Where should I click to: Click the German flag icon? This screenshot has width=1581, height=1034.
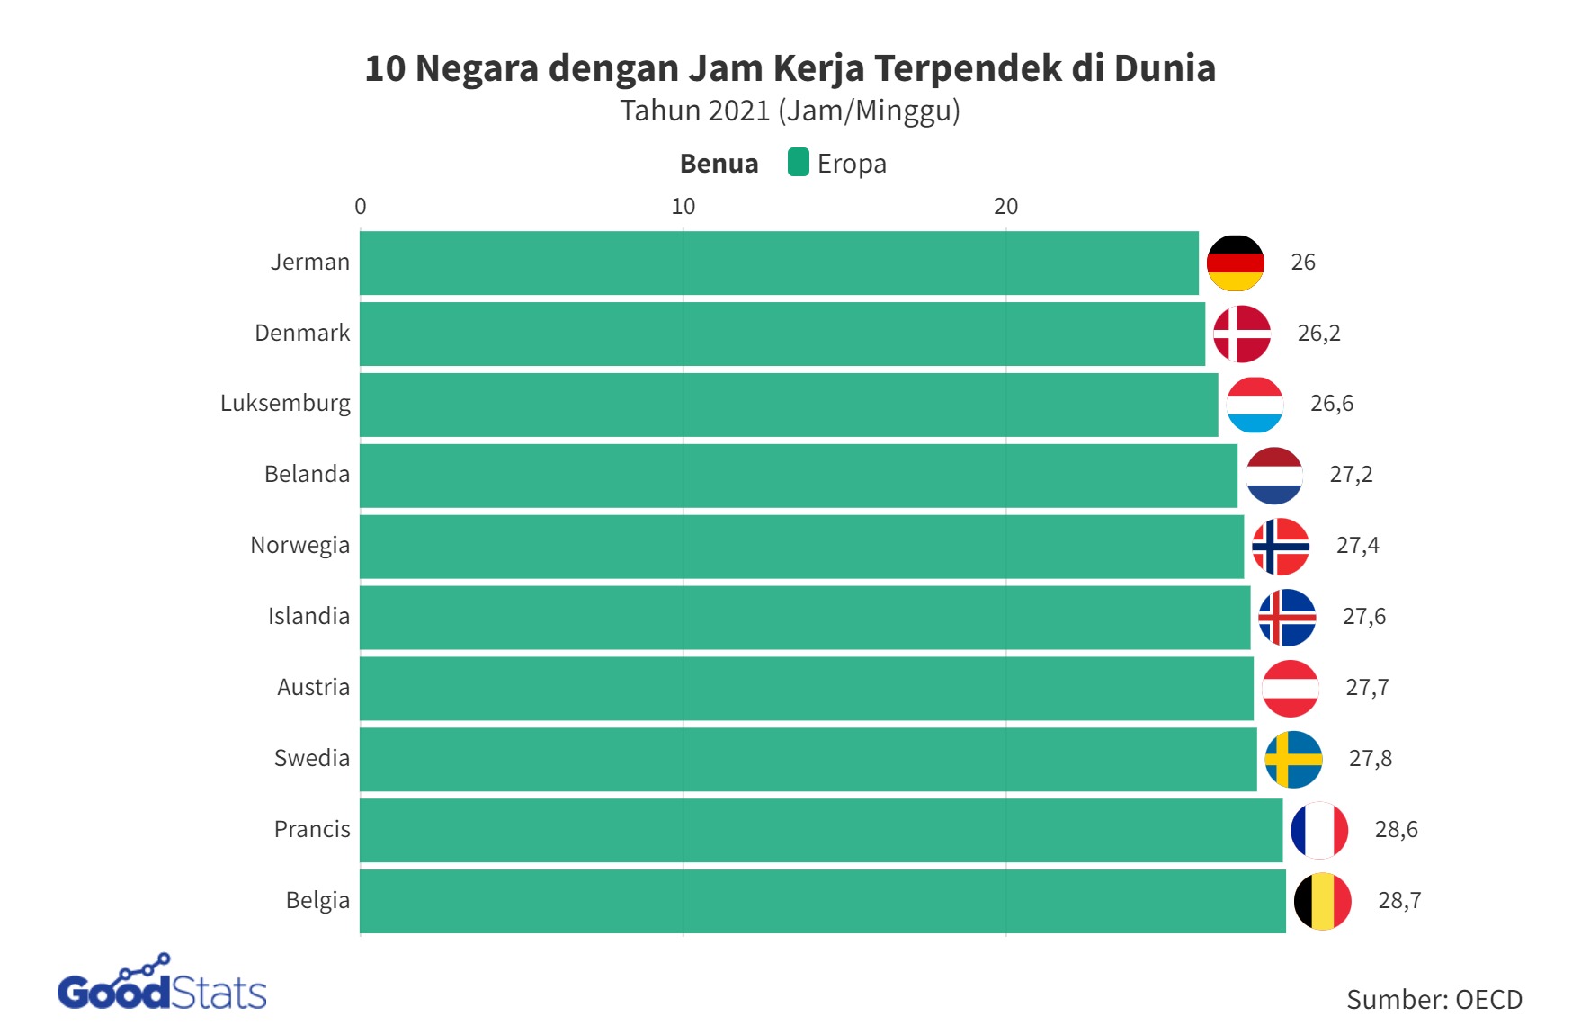pos(1235,263)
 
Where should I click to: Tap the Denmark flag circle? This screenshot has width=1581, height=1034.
pos(1241,334)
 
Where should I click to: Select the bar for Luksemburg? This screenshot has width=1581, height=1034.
pos(789,405)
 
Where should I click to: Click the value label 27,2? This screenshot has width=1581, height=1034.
pos(1351,475)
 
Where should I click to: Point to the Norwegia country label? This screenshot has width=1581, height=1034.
pos(299,546)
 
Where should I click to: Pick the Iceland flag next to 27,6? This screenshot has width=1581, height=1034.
pos(1287,617)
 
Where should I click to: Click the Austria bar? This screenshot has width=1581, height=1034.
pos(807,688)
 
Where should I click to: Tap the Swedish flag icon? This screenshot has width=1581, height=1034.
pos(1293,759)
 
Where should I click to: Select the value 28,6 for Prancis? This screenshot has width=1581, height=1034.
pos(1396,830)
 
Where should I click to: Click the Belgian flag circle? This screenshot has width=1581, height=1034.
pos(1322,901)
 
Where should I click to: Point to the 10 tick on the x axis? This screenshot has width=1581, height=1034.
pos(683,207)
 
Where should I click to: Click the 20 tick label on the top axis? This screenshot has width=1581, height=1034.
pos(1005,207)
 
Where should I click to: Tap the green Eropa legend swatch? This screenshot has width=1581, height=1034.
pos(798,163)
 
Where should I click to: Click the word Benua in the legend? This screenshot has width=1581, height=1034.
pos(719,164)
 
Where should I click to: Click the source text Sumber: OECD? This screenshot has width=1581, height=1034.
pos(1434,1000)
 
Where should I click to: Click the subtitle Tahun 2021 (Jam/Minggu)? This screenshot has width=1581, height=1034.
pos(790,111)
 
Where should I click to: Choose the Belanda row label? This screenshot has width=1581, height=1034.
pos(307,475)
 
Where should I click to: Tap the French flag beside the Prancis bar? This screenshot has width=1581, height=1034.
pos(1318,830)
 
